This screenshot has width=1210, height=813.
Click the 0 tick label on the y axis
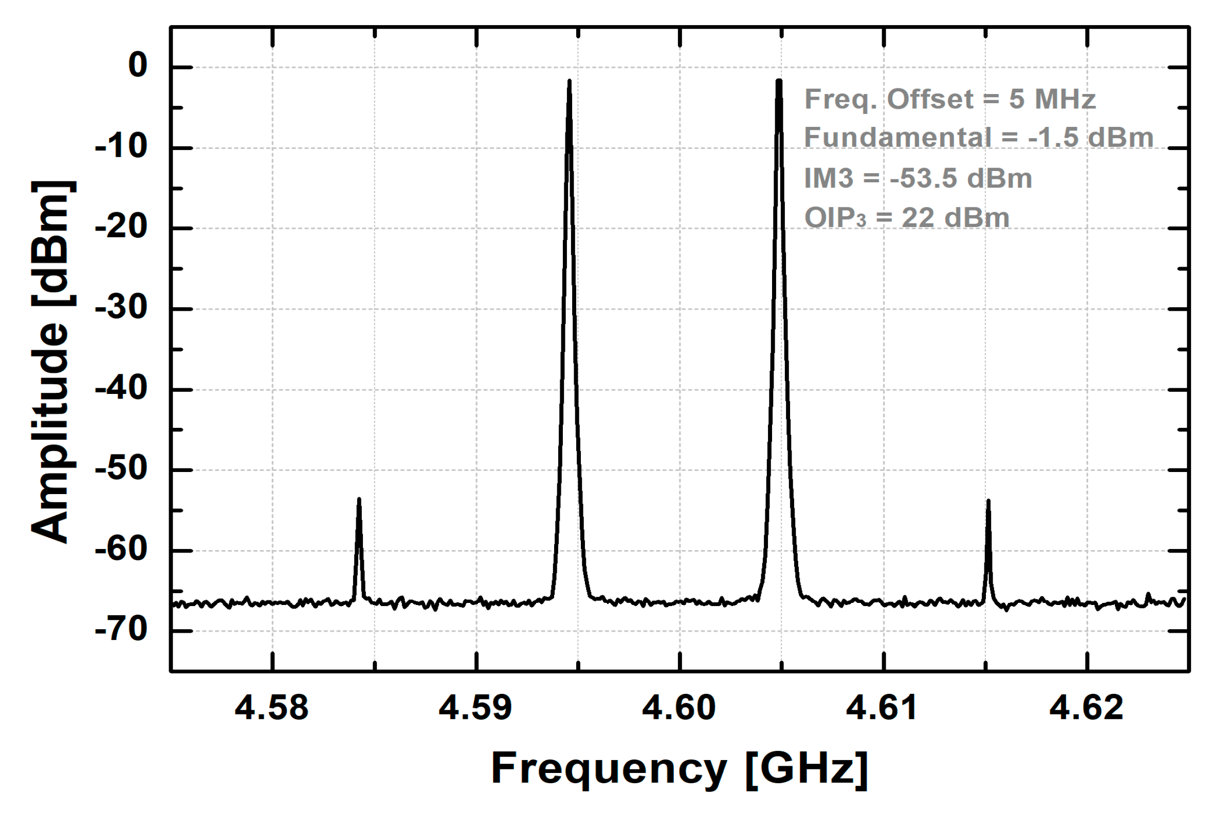(x=138, y=66)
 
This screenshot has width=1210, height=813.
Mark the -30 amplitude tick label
(x=121, y=308)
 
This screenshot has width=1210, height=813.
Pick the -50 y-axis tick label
(x=121, y=469)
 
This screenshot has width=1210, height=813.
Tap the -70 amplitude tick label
(x=121, y=631)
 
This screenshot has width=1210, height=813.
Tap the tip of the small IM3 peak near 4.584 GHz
(x=359, y=499)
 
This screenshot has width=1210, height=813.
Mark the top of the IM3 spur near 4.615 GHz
(x=988, y=501)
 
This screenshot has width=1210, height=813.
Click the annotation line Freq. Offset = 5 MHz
(x=949, y=99)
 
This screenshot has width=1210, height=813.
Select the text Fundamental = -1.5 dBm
(x=979, y=138)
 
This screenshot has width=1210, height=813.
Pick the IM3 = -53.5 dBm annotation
(x=918, y=178)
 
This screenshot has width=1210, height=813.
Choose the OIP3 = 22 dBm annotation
(x=906, y=218)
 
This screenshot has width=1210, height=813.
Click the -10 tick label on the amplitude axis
(x=121, y=147)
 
